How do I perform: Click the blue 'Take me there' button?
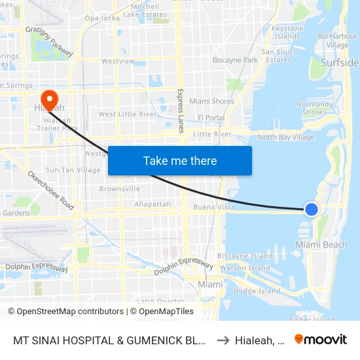(x=180, y=160)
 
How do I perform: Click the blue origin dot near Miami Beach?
(x=312, y=209)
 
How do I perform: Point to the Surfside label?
(x=340, y=63)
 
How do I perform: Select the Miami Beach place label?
(x=321, y=244)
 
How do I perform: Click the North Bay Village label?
(x=286, y=137)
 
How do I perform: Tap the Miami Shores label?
(x=211, y=101)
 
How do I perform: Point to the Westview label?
(x=118, y=62)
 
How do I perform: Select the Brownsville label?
(x=120, y=189)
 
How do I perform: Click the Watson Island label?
(x=245, y=268)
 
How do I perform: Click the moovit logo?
(x=321, y=339)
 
